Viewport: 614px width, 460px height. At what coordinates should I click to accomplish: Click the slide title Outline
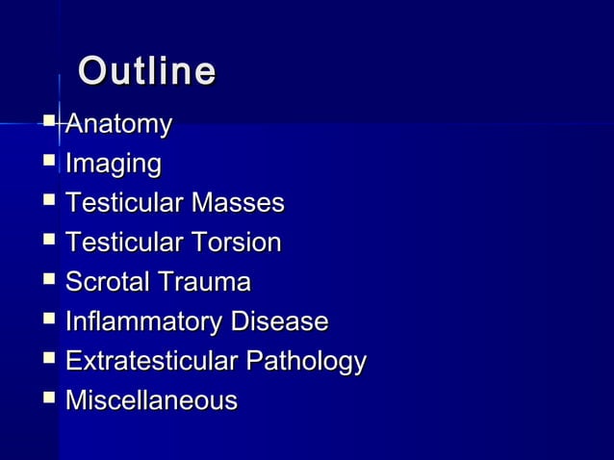[146, 72]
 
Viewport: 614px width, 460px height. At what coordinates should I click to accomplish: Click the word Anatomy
[117, 124]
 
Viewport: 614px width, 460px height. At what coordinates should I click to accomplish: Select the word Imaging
[113, 165]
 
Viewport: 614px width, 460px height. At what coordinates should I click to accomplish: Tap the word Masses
[238, 203]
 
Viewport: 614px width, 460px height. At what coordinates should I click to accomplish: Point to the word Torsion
[236, 243]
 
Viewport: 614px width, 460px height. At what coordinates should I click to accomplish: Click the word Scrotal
[104, 282]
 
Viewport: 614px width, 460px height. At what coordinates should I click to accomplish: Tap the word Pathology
[306, 362]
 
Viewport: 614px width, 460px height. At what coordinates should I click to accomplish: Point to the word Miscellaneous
[151, 400]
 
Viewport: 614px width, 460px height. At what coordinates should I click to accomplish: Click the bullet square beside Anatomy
[49, 121]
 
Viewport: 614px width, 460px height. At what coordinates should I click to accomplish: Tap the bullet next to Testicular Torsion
[49, 240]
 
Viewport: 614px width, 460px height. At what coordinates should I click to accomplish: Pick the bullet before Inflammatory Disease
[49, 319]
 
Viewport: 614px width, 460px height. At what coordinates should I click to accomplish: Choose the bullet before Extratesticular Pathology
[49, 358]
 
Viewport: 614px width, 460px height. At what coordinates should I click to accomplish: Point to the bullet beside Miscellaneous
[49, 397]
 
